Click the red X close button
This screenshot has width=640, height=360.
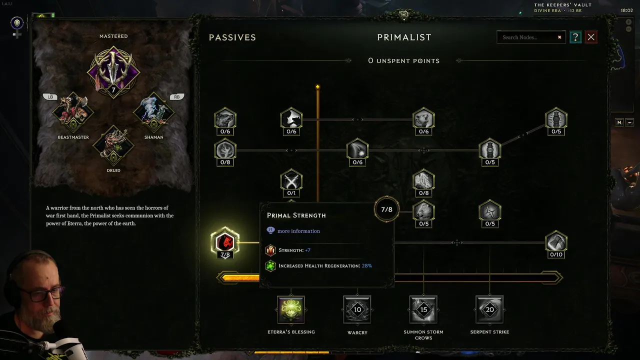pyautogui.click(x=591, y=37)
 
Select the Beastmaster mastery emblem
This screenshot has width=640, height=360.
pyautogui.click(x=73, y=112)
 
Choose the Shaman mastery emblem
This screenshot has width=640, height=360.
pyautogui.click(x=153, y=112)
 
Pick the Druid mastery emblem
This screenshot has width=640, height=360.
pyautogui.click(x=113, y=145)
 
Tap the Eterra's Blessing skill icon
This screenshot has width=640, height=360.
pyautogui.click(x=291, y=309)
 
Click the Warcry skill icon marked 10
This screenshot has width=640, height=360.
pyautogui.click(x=357, y=309)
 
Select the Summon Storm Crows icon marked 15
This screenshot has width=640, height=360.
pyautogui.click(x=423, y=309)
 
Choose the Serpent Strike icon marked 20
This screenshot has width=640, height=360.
pyautogui.click(x=489, y=309)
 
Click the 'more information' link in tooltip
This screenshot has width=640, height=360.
pyautogui.click(x=298, y=231)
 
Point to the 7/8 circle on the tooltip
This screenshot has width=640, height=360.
pyautogui.click(x=386, y=209)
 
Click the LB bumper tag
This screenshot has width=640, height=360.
pyautogui.click(x=50, y=97)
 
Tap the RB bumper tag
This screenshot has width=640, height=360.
pyautogui.click(x=177, y=97)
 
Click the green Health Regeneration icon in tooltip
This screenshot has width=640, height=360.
pyautogui.click(x=270, y=266)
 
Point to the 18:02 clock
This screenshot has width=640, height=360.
pyautogui.click(x=626, y=10)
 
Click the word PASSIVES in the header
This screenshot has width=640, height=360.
pyautogui.click(x=232, y=37)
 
